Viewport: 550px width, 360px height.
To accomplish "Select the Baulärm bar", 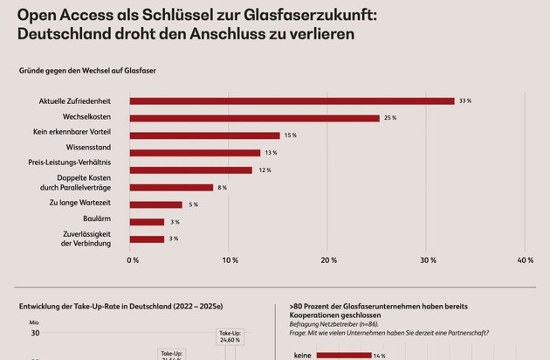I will pyautogui.click(x=147, y=222).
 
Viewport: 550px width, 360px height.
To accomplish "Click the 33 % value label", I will pyautogui.click(x=466, y=101).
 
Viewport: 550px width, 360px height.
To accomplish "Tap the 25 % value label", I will pyautogui.click(x=390, y=118).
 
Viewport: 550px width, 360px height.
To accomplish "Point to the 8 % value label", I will pyautogui.click(x=222, y=187).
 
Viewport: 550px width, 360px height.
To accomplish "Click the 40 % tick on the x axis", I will pyautogui.click(x=526, y=260).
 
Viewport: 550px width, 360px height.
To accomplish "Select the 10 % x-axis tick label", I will pyautogui.click(x=230, y=260).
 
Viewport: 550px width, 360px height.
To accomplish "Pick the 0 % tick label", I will pyautogui.click(x=133, y=260).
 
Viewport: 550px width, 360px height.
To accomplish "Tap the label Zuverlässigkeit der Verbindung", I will pyautogui.click(x=89, y=239).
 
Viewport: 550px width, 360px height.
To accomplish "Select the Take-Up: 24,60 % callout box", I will pyautogui.click(x=230, y=337).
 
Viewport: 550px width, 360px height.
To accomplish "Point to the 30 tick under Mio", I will pyautogui.click(x=36, y=333).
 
